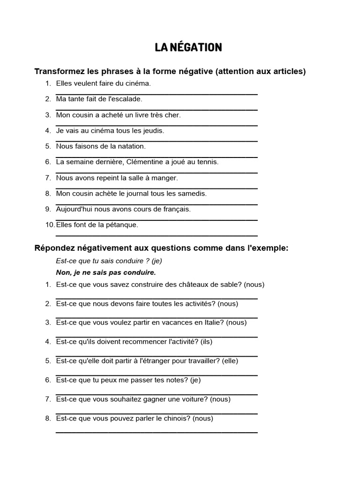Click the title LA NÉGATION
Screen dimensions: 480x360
pyautogui.click(x=188, y=47)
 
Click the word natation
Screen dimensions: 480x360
pyautogui.click(x=128, y=146)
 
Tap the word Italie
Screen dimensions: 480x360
pyautogui.click(x=214, y=322)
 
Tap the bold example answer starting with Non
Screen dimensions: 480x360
pyautogui.click(x=106, y=272)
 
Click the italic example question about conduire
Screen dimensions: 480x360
pyautogui.click(x=109, y=261)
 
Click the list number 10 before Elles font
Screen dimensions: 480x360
pyautogui.click(x=50, y=225)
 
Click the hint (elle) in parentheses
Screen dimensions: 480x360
pyautogui.click(x=231, y=361)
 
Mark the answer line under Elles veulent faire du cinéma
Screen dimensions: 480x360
pyautogui.click(x=157, y=94)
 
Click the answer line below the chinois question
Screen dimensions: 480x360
pyautogui.click(x=157, y=432)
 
